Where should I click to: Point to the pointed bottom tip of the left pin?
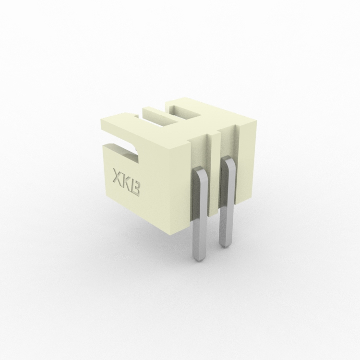pyautogui.click(x=199, y=261)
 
